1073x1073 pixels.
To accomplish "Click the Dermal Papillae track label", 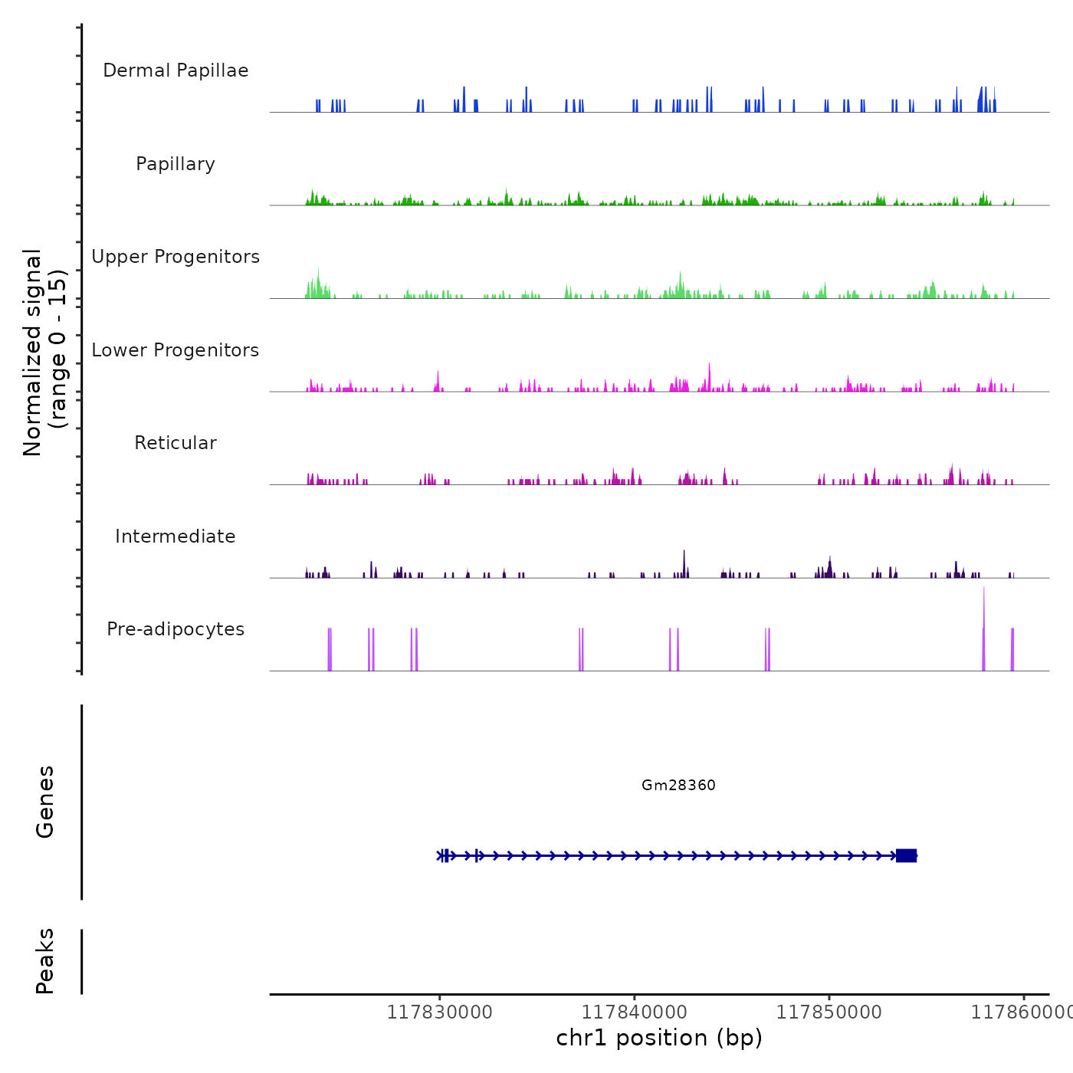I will (176, 71).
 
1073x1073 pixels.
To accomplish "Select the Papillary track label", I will (176, 164).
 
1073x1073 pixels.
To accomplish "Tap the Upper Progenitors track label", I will (176, 257).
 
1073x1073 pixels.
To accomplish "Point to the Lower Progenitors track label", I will (176, 350).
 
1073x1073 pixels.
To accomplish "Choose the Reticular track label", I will (176, 443).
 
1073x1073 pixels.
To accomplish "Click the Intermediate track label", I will (176, 536).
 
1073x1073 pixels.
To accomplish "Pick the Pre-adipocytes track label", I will (176, 629).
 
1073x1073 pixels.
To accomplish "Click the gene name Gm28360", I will (678, 785).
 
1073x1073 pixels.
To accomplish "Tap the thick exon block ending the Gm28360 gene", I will (906, 855).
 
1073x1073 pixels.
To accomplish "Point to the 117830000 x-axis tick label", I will (439, 1012).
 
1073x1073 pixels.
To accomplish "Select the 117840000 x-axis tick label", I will (634, 1012).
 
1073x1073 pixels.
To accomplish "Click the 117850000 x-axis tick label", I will (829, 1012).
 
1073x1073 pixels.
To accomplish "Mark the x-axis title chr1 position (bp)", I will (659, 1038).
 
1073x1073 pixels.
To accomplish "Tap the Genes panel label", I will (45, 802).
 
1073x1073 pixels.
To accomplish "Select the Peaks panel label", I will (45, 961).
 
